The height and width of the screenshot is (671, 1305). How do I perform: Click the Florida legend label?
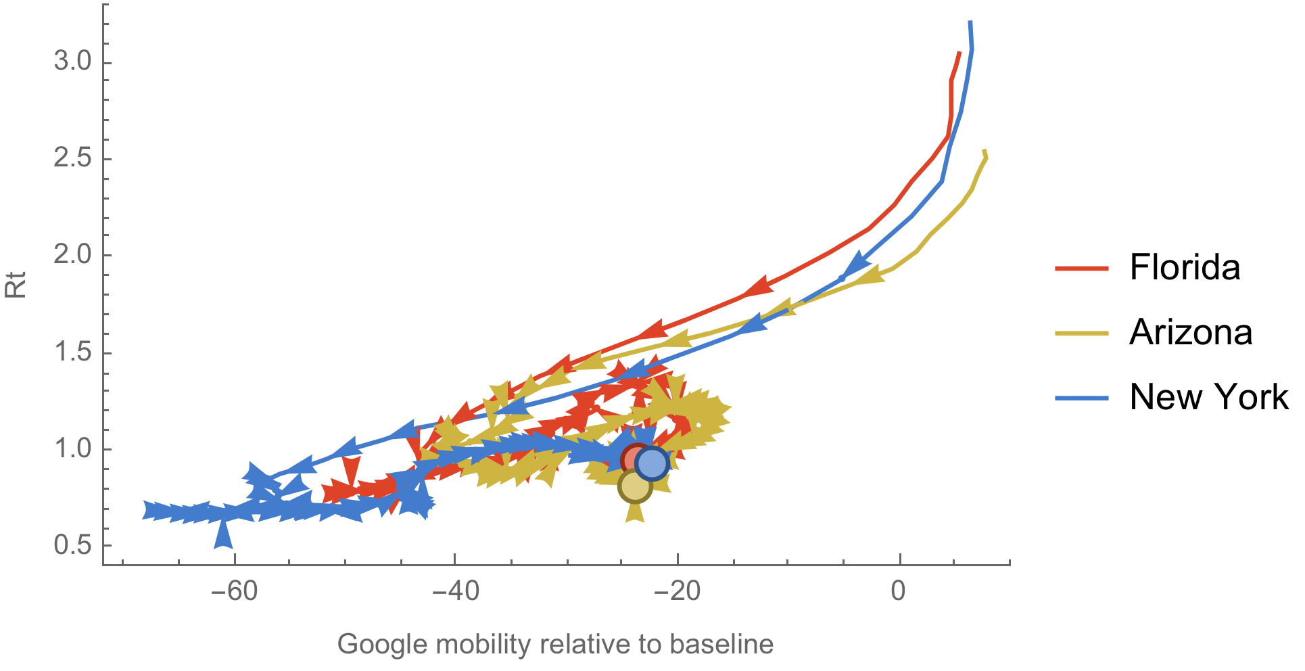[x=1185, y=267]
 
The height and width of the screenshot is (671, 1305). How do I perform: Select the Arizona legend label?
[x=1191, y=332]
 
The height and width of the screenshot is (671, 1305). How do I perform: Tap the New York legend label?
[x=1209, y=397]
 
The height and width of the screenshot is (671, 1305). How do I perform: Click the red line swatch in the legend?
[x=1082, y=269]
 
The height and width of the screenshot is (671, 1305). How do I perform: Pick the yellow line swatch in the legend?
[x=1082, y=333]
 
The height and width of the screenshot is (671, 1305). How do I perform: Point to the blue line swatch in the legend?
[x=1082, y=398]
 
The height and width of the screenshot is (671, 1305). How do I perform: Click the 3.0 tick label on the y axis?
[x=73, y=62]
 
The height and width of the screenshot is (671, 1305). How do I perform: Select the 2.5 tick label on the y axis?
[x=73, y=158]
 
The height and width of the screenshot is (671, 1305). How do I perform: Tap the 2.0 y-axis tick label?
[x=73, y=255]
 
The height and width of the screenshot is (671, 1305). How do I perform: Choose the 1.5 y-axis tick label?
[x=73, y=352]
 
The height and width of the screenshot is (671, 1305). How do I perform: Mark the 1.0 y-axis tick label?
[x=73, y=448]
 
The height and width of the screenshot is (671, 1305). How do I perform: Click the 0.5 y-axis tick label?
[x=73, y=545]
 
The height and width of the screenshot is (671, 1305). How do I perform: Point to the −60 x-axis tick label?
[x=234, y=591]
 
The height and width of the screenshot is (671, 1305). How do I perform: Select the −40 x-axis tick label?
[x=456, y=591]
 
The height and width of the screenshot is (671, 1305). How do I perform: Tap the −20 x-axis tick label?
[x=678, y=591]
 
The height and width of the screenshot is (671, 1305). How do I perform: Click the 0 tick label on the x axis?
[x=898, y=591]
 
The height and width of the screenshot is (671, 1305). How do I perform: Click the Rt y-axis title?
[x=16, y=285]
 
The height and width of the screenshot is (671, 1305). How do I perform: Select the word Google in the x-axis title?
[x=383, y=645]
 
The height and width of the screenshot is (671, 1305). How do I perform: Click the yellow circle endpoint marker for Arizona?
[x=634, y=486]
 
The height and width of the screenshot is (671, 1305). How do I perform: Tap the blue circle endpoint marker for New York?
[x=652, y=463]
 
